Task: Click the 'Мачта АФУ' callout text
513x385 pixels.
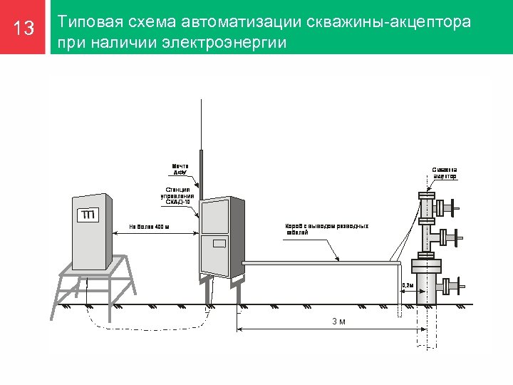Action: (x=180, y=170)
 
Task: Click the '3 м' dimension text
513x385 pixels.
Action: (x=339, y=322)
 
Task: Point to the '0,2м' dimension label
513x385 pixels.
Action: (x=408, y=285)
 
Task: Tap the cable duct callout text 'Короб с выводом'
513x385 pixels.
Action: (x=327, y=230)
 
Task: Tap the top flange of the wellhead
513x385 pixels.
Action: (x=427, y=195)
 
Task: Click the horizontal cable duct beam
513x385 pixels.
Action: (x=321, y=263)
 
